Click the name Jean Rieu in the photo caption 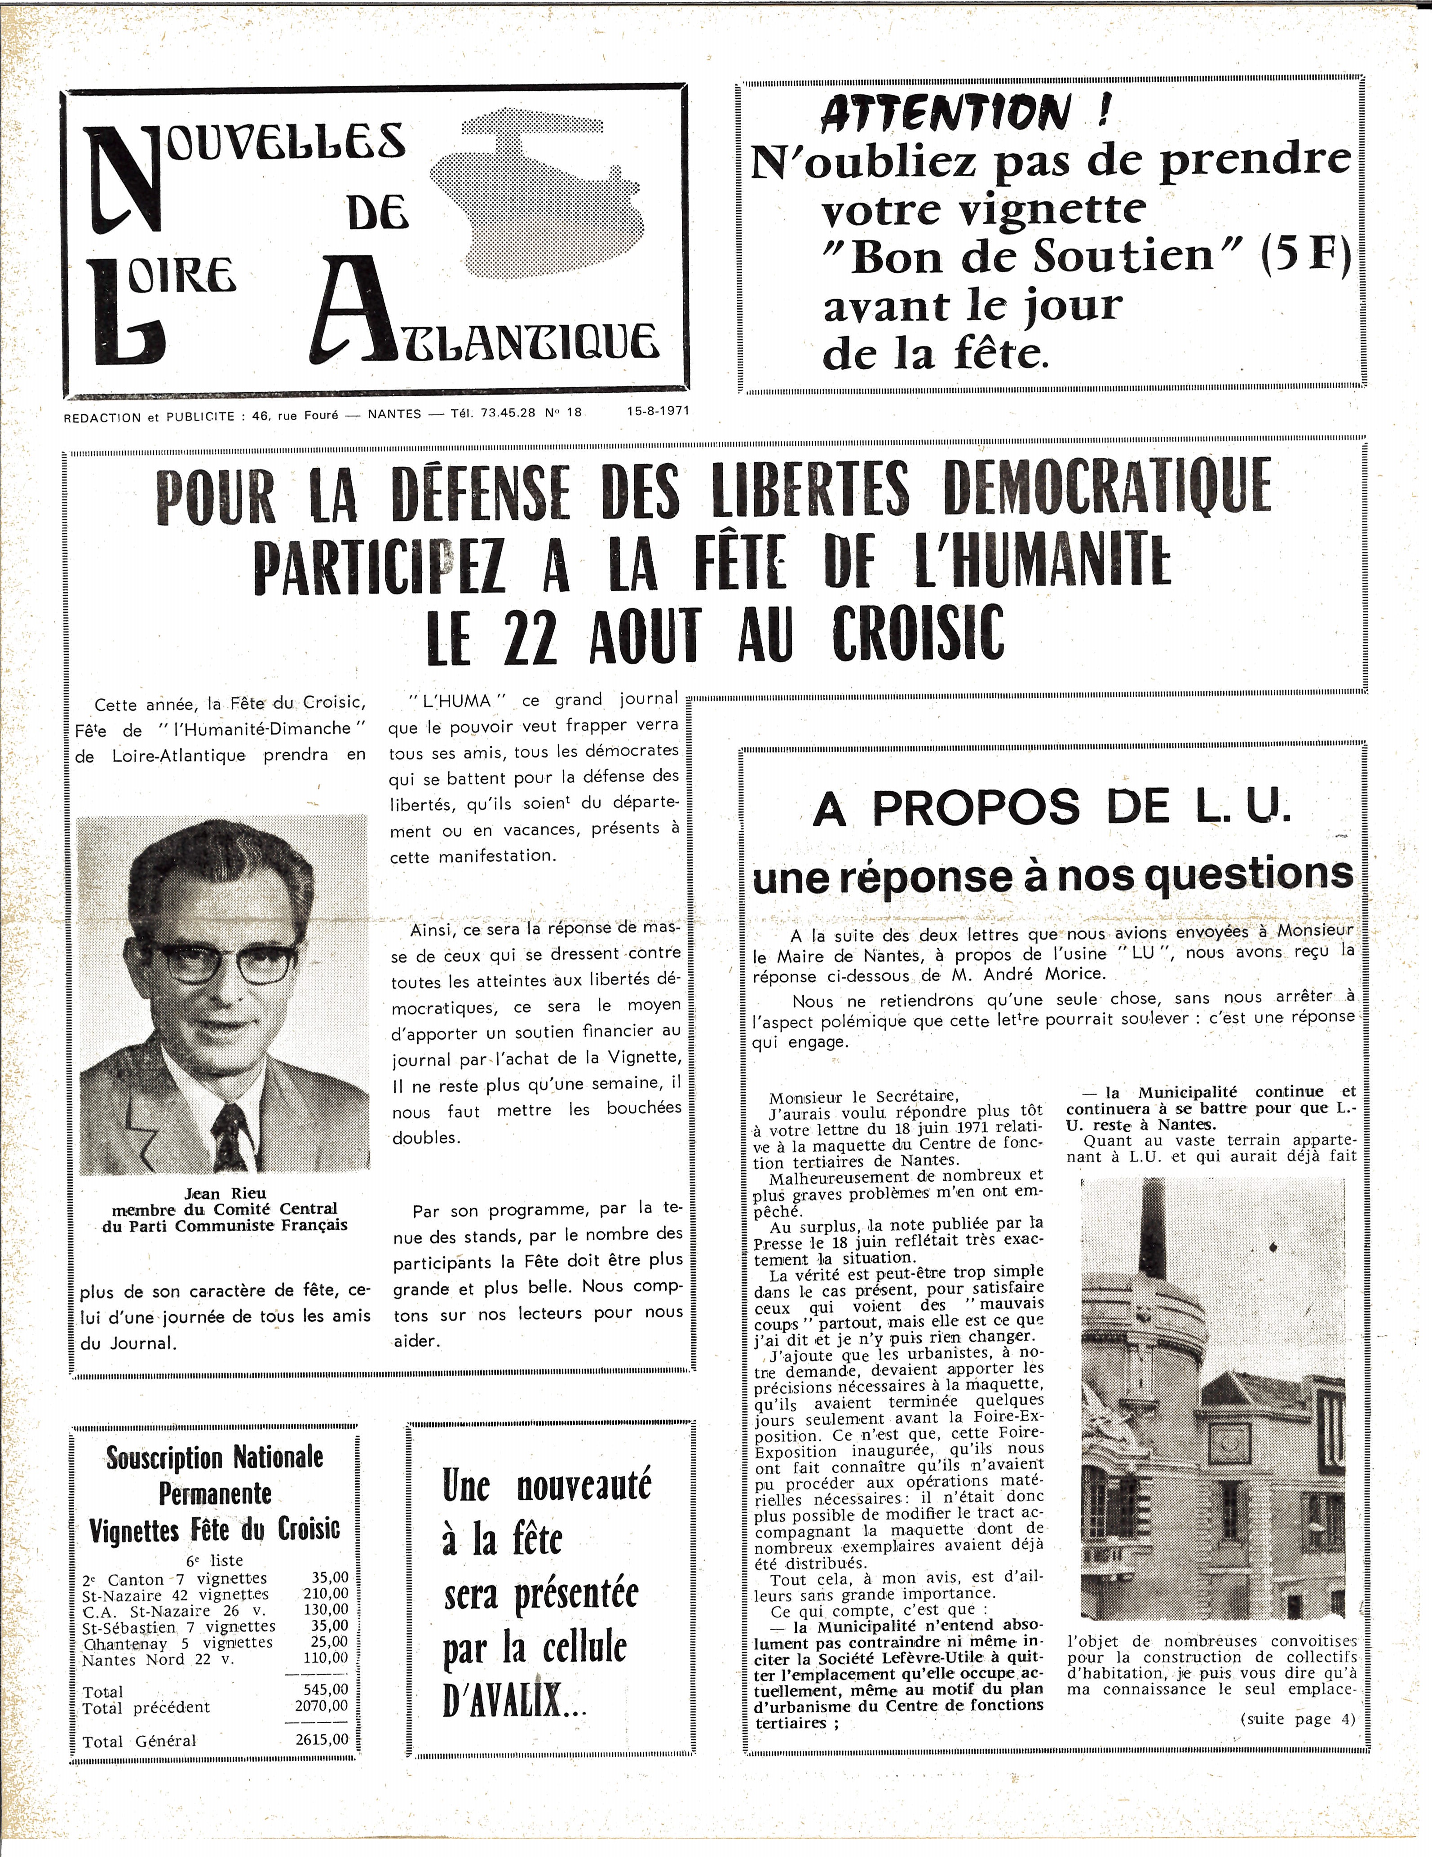(225, 1193)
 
